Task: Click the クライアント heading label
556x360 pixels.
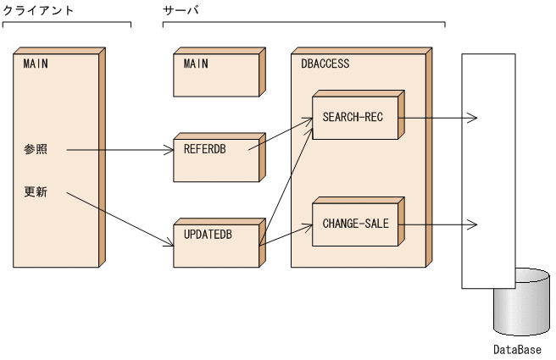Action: pyautogui.click(x=38, y=9)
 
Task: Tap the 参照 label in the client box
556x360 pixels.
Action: pyautogui.click(x=36, y=150)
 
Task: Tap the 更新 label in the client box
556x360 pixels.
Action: pyautogui.click(x=36, y=193)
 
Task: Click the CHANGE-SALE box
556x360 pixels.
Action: pyautogui.click(x=353, y=224)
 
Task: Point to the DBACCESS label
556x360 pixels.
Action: pyautogui.click(x=325, y=64)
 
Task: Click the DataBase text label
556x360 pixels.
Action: pyautogui.click(x=516, y=349)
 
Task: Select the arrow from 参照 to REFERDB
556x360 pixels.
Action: pyautogui.click(x=119, y=151)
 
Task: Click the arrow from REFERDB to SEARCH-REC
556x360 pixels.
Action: pyautogui.click(x=280, y=136)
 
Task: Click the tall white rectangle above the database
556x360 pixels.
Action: pyautogui.click(x=487, y=169)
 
